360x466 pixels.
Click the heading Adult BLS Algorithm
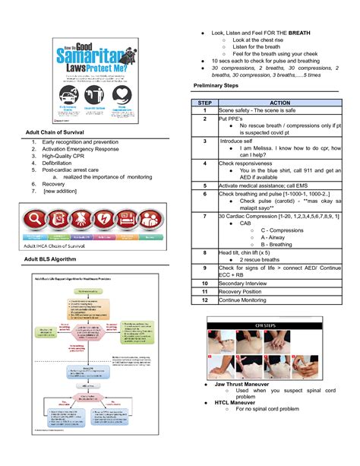point(52,260)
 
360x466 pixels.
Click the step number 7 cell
point(204,216)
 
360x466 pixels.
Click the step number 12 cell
point(204,300)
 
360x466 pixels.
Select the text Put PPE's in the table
point(231,119)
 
